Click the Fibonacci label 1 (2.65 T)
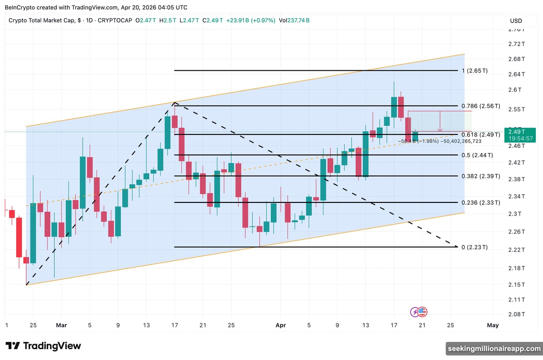coord(481,71)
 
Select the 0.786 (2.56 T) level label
coord(481,106)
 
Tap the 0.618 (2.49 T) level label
coord(481,135)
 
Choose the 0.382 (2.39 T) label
coord(481,176)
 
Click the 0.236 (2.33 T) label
coord(481,202)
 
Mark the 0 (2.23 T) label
coord(475,247)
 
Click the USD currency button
coord(516,21)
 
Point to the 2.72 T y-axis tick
coord(516,44)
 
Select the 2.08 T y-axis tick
coord(516,314)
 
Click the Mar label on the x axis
coord(62,325)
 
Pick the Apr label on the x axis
coord(281,325)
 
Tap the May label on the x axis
coord(493,325)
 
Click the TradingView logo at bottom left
coord(43,346)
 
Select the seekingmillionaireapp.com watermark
coord(494,349)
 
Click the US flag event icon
coord(423,312)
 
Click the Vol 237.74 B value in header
coord(294,20)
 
